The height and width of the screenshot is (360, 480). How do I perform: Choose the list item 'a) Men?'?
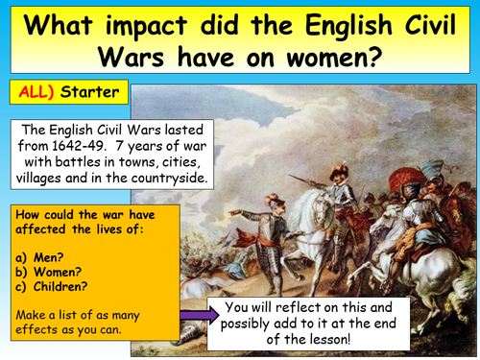(39, 257)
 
